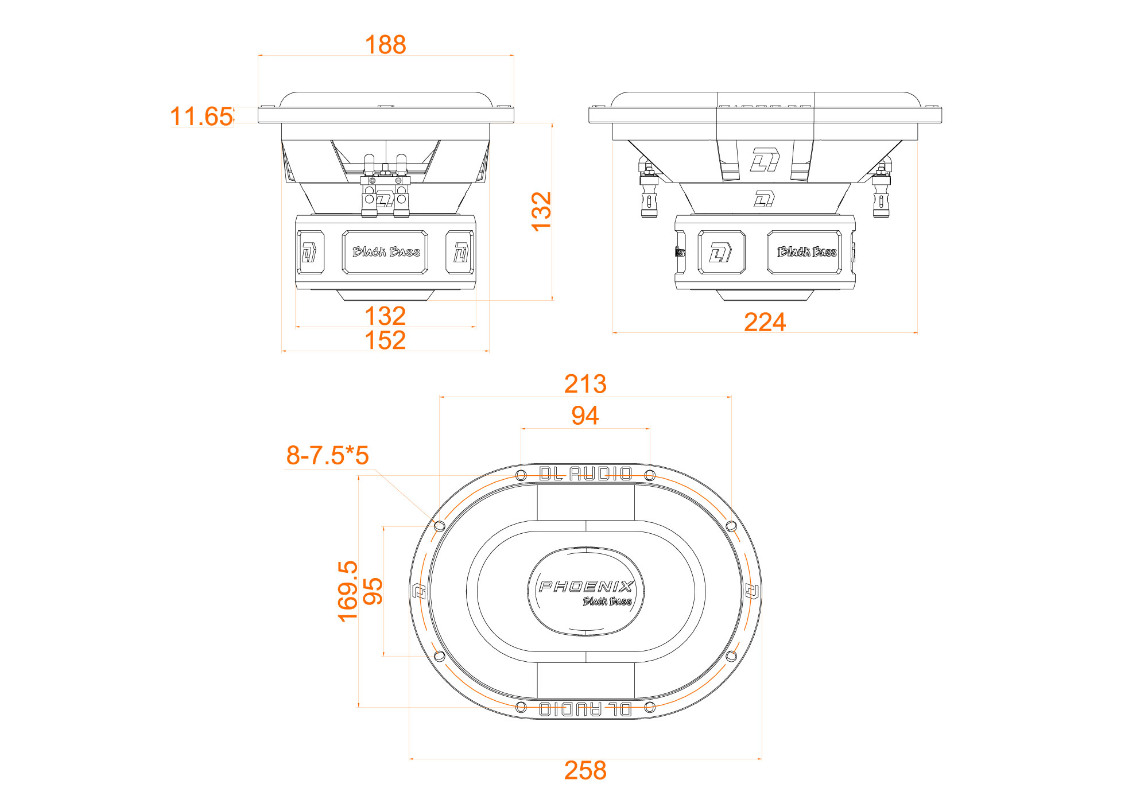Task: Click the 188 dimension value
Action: pos(385,44)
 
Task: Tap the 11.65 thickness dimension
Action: pos(201,117)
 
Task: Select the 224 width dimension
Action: pos(765,322)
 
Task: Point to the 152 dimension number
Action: pos(385,340)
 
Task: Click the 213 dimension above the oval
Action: pos(585,384)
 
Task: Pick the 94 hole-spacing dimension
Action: pos(585,416)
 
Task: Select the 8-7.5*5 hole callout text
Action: pos(327,456)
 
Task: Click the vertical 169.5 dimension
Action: pos(348,591)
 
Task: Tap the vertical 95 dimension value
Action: pos(373,591)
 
